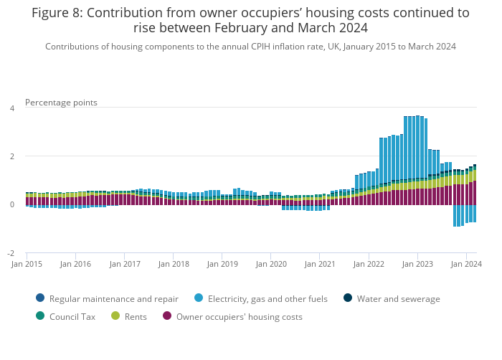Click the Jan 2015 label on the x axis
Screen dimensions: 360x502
pyautogui.click(x=27, y=264)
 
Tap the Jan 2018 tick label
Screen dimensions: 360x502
pyautogui.click(x=174, y=264)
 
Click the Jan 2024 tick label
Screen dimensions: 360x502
pyautogui.click(x=467, y=264)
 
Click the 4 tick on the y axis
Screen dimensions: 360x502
pyautogui.click(x=11, y=108)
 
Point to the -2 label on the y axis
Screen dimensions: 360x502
pyautogui.click(x=10, y=253)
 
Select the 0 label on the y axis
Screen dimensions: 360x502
pyautogui.click(x=11, y=204)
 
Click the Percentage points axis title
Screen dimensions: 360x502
pyautogui.click(x=61, y=103)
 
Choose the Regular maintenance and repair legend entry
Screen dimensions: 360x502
pyautogui.click(x=114, y=299)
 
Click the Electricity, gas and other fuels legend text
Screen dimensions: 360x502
pyautogui.click(x=267, y=299)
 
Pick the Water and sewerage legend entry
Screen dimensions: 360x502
pyautogui.click(x=398, y=299)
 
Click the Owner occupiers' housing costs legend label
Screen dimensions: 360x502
pyautogui.click(x=239, y=316)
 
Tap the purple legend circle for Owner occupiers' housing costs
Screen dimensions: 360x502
pyautogui.click(x=167, y=316)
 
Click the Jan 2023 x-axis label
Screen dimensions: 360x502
pyautogui.click(x=418, y=264)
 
